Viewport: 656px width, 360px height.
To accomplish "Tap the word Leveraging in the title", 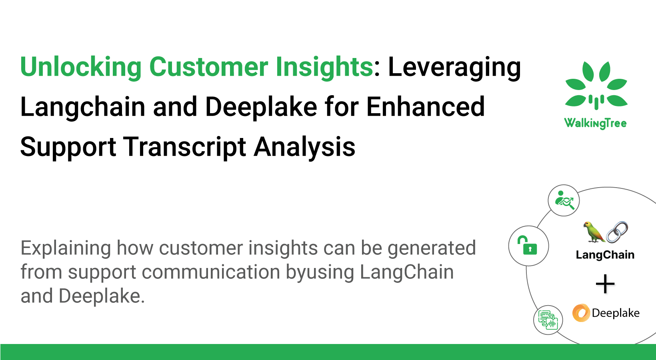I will point(454,67).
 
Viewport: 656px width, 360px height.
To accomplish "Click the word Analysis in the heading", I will point(304,147).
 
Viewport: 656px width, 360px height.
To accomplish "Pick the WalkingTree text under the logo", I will point(595,123).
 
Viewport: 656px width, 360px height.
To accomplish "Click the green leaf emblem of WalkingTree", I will point(596,85).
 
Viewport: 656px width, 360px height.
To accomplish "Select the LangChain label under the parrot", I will point(605,255).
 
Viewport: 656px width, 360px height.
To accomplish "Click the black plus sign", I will point(605,284).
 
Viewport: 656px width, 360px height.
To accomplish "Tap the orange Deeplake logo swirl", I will point(581,313).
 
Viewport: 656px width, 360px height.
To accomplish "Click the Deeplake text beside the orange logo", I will point(615,313).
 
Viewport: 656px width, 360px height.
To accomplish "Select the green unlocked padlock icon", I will point(528,246).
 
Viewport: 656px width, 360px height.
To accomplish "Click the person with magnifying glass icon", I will point(564,200).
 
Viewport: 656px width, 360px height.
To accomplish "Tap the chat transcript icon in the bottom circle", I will point(548,320).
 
